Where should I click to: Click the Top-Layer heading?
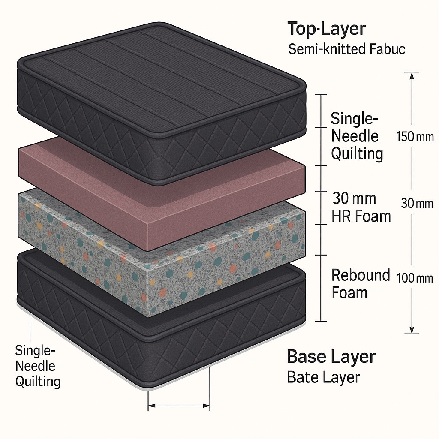pyautogui.click(x=326, y=29)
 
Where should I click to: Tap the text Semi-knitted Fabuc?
pyautogui.click(x=346, y=49)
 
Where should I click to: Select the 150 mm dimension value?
pyautogui.click(x=415, y=137)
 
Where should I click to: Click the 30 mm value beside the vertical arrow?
pyautogui.click(x=417, y=204)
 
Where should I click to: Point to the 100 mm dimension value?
pyautogui.click(x=415, y=278)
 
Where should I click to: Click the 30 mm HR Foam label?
pyautogui.click(x=361, y=207)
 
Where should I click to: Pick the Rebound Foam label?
pyautogui.click(x=360, y=284)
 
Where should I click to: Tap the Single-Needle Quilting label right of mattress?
pyautogui.click(x=357, y=136)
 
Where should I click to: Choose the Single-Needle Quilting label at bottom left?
pyautogui.click(x=37, y=366)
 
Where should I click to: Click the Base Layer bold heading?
pyautogui.click(x=331, y=356)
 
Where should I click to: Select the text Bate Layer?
pyautogui.click(x=323, y=377)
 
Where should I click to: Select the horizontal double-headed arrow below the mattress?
pyautogui.click(x=179, y=405)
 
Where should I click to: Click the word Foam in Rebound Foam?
pyautogui.click(x=349, y=293)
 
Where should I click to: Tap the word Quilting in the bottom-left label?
pyautogui.click(x=37, y=381)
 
